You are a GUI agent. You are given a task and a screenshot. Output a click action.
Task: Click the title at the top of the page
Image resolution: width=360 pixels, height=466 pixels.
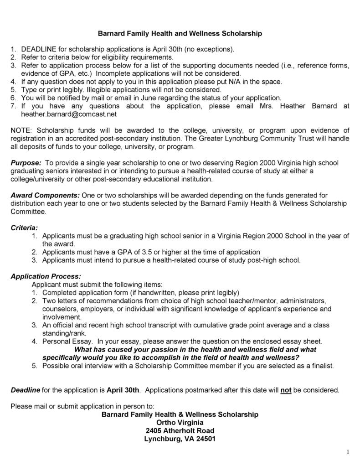coord(180,33)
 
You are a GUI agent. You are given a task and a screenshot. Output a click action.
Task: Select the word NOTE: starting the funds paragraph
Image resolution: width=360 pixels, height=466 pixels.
coord(22,130)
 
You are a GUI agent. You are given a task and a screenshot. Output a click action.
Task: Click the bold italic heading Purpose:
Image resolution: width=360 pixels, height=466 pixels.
coord(26,163)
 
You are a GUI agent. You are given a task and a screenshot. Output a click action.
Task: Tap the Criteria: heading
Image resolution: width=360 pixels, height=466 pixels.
coord(24,227)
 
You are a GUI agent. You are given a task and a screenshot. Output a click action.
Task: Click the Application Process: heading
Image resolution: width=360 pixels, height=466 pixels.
coord(46,276)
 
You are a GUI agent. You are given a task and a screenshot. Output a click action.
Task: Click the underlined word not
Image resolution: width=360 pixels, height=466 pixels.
coord(286,390)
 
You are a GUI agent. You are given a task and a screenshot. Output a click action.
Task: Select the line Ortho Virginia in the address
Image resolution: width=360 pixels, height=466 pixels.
coord(180,423)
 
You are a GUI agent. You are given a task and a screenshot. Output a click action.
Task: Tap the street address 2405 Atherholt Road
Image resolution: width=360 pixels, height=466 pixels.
coord(180,431)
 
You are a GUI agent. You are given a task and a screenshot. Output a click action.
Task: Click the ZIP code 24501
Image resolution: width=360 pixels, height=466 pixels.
coord(205,439)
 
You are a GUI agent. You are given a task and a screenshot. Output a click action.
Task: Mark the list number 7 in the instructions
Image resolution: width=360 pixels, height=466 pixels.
coord(13,106)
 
